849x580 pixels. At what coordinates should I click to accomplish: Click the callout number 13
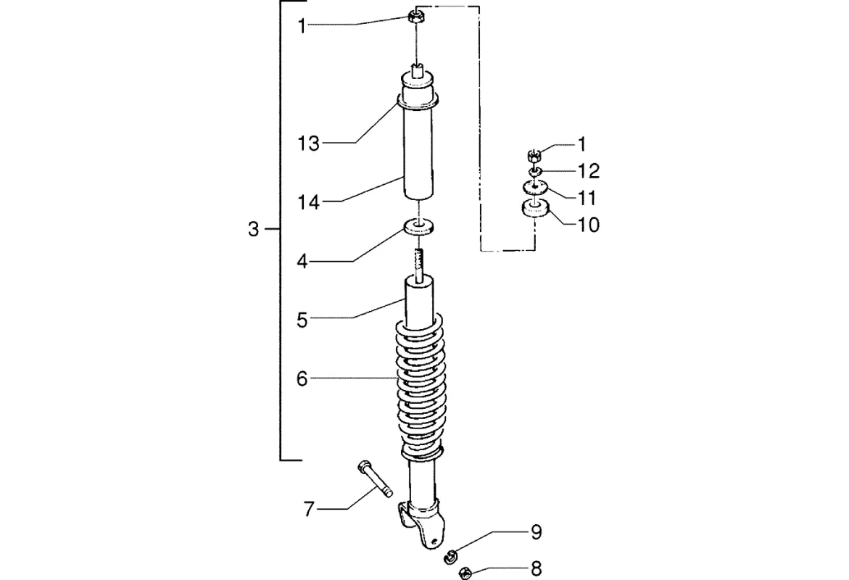coord(308,144)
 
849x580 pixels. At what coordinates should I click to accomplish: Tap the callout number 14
coord(308,202)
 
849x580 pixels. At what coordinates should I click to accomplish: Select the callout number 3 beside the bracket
coord(254,230)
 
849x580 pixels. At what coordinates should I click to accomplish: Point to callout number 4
coord(302,262)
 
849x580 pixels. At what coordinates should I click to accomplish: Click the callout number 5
coord(302,320)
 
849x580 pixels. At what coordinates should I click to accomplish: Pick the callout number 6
coord(302,378)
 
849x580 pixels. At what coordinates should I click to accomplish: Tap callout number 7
coord(309,509)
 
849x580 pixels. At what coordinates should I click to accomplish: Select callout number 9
coord(536,532)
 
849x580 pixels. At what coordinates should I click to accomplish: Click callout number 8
coord(536,568)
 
